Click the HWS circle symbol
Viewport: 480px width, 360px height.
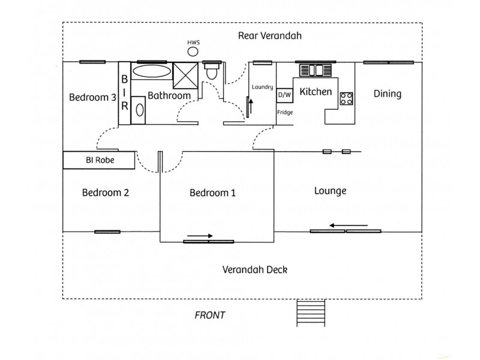[x=193, y=52]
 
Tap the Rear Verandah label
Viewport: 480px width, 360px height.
[x=269, y=35]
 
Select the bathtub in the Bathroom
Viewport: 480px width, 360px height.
[x=151, y=71]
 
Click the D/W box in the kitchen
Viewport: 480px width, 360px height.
[x=284, y=95]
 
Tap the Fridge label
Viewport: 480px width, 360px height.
[x=284, y=112]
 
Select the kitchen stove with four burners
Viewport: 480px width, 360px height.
[x=346, y=98]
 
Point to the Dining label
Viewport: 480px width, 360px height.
[x=387, y=94]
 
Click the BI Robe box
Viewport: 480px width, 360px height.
[x=99, y=160]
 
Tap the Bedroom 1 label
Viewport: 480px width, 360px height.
[x=212, y=193]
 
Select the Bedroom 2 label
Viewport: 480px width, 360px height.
[x=105, y=193]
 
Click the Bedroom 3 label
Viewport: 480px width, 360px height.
[x=92, y=97]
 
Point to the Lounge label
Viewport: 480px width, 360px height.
[x=330, y=191]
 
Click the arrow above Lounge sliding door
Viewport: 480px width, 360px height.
[x=344, y=226]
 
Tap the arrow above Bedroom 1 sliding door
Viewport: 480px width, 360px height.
[x=200, y=236]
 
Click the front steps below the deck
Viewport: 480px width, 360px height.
[x=310, y=313]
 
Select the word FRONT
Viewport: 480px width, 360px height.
[x=210, y=315]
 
